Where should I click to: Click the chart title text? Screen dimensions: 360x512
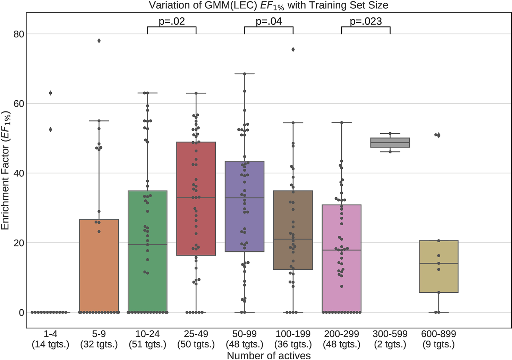coord(268,5)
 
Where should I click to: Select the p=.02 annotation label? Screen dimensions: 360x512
coord(172,22)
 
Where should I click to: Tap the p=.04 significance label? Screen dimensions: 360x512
coord(269,22)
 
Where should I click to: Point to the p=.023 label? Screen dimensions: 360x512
coord(366,22)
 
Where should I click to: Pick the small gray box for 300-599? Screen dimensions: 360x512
coord(390,143)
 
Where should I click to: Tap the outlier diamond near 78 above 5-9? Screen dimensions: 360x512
coord(99,41)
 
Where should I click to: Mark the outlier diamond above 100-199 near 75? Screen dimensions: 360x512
coord(293,50)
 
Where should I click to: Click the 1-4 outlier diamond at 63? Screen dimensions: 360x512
coord(50,93)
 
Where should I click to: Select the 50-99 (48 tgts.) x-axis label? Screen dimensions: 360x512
coord(245,339)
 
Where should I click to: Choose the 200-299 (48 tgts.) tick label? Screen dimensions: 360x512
coord(342,339)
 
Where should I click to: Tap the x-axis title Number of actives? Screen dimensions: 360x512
coord(268,355)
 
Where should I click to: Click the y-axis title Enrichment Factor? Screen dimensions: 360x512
coord(6,170)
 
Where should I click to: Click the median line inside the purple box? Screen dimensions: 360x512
coord(245,198)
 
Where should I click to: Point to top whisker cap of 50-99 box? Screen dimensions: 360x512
coord(245,74)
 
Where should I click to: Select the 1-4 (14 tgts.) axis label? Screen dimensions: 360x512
coord(50,339)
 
